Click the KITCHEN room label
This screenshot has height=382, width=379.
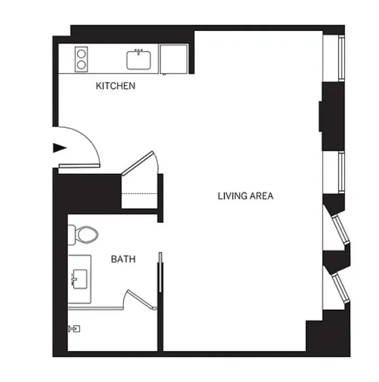[x=116, y=86]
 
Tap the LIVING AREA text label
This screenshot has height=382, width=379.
[x=245, y=196]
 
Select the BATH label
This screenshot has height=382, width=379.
[x=123, y=259]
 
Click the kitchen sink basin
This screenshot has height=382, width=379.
[x=139, y=60]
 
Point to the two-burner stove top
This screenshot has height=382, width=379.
[x=81, y=59]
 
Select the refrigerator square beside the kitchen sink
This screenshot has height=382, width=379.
[x=174, y=58]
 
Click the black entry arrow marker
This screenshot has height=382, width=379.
[x=60, y=147]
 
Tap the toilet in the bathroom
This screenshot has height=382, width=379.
[x=84, y=235]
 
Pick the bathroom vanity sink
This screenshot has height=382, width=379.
[x=79, y=279]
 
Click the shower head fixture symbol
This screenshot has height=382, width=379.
[x=74, y=328]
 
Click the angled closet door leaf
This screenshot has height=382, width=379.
[x=138, y=163]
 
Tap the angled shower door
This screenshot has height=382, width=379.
[x=141, y=299]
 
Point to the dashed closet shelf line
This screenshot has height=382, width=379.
[x=139, y=193]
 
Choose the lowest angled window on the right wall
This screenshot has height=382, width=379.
[x=341, y=287]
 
